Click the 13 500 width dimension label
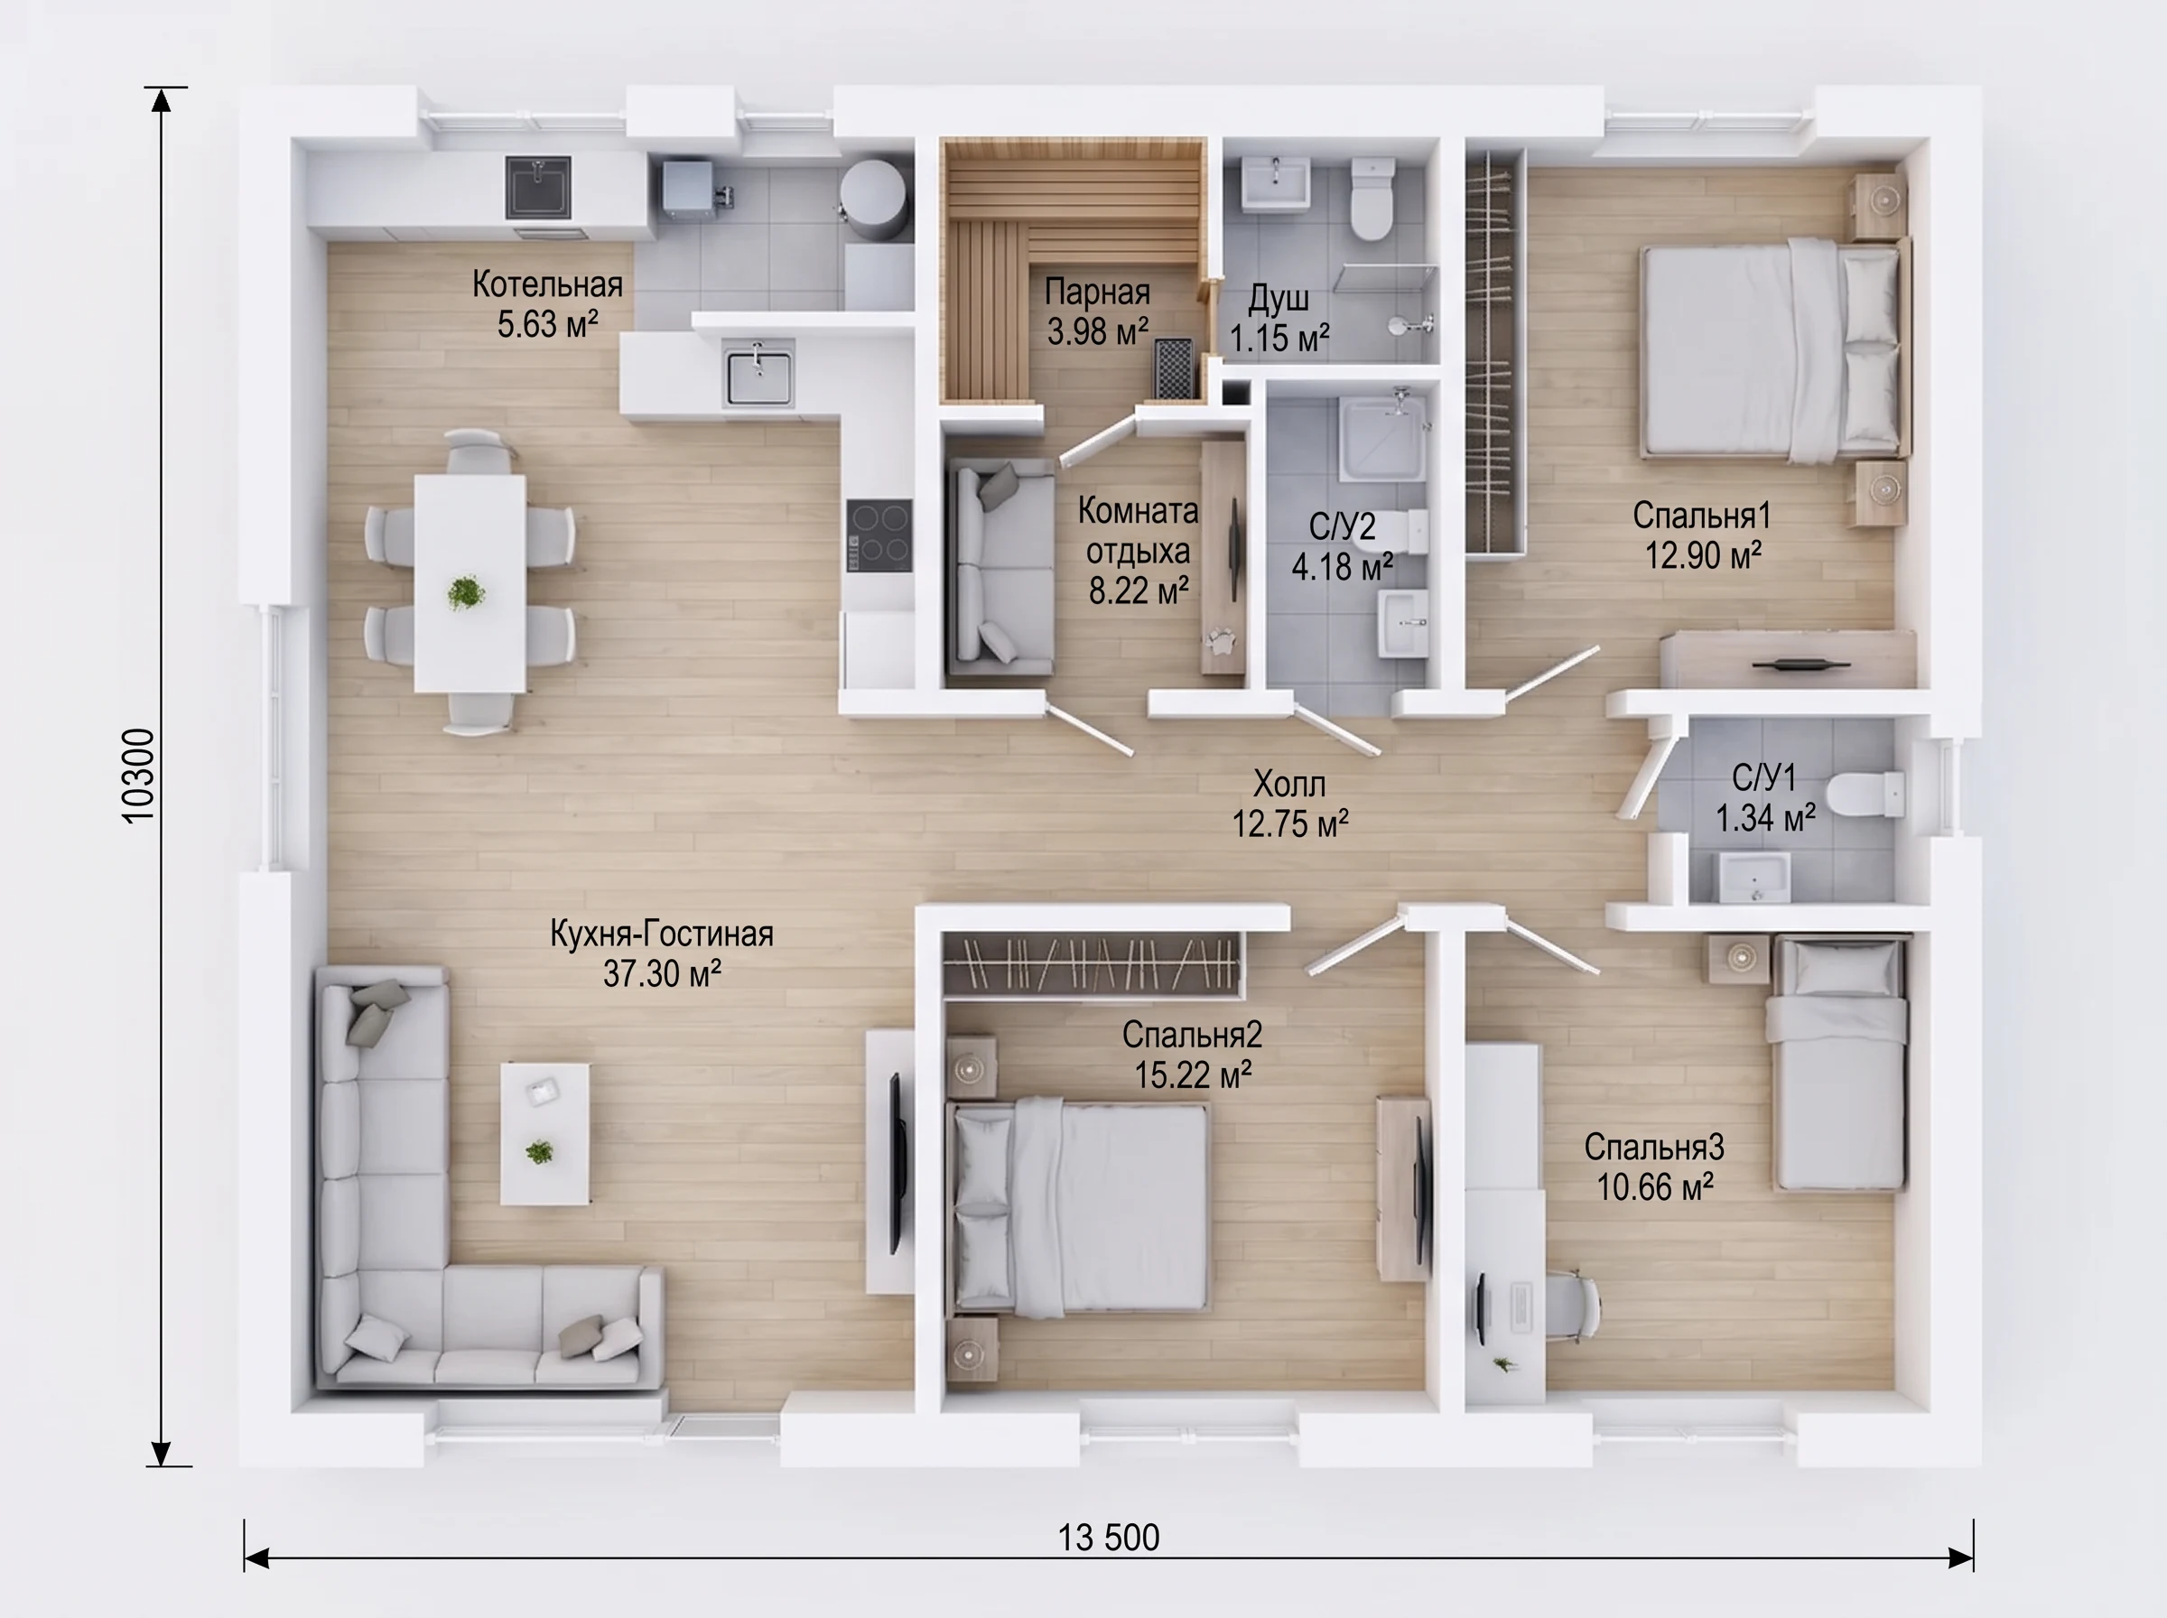pos(1109,1538)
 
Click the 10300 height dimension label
pos(139,776)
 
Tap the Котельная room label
pos(547,284)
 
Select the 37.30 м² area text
pos(662,973)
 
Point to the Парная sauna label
pos(1097,292)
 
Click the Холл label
pos(1289,784)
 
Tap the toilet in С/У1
pos(1865,795)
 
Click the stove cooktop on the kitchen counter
pos(879,535)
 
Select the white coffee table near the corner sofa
pos(544,1133)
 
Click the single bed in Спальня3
pos(1838,1064)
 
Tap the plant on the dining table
pos(465,592)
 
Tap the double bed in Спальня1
pos(1774,349)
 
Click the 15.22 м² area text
pos(1193,1075)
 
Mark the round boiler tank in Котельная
pos(871,198)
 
